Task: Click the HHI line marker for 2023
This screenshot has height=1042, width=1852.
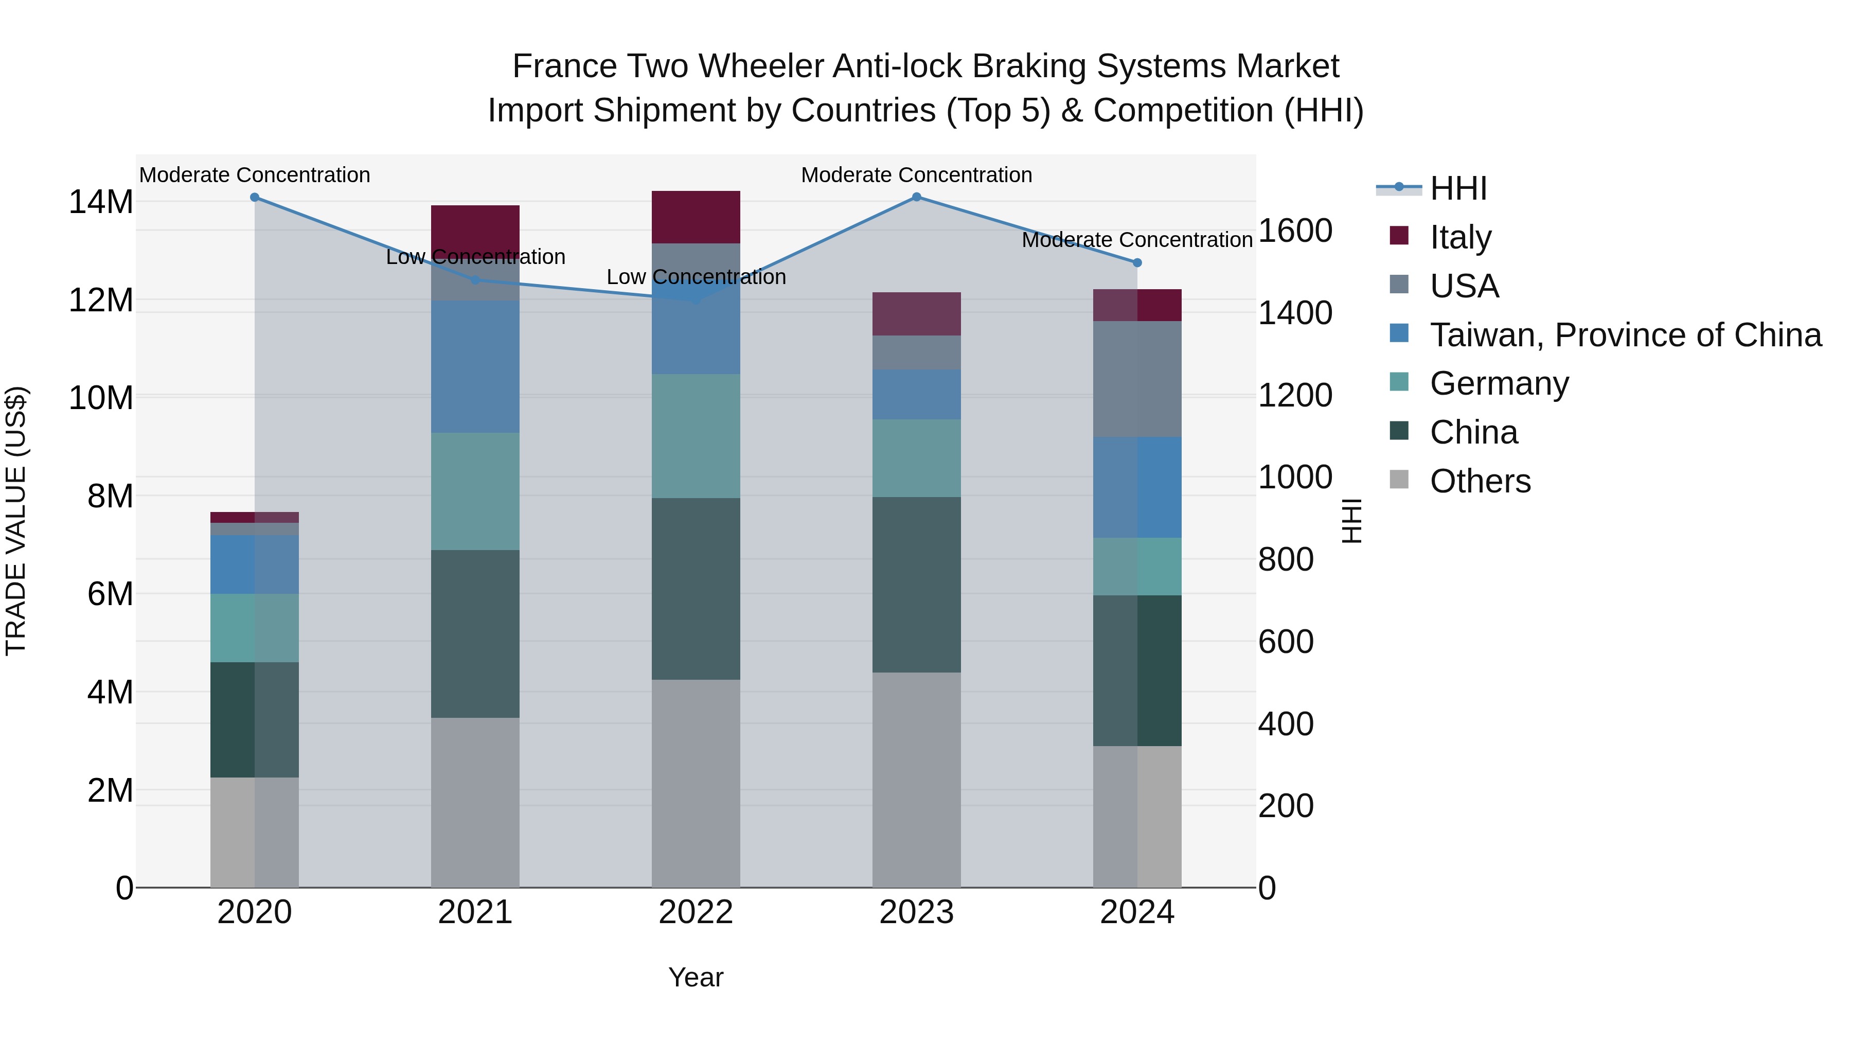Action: point(916,197)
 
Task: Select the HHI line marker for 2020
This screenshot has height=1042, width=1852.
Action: point(255,197)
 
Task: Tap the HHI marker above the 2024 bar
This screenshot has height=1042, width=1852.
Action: point(1136,262)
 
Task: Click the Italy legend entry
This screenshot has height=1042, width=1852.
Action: point(1460,237)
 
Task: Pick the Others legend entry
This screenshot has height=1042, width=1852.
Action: point(1480,481)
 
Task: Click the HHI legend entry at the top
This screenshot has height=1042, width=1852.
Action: point(1458,188)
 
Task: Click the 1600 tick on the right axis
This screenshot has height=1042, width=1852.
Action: point(1295,231)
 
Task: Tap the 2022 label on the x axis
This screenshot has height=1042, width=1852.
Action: point(695,912)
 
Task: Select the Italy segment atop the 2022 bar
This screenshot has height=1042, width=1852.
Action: point(695,217)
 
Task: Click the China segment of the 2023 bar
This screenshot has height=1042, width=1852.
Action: point(916,584)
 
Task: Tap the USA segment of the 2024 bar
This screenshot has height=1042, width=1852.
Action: point(1136,378)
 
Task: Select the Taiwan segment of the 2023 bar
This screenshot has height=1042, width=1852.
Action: point(916,394)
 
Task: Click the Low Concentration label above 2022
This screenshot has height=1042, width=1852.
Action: point(695,277)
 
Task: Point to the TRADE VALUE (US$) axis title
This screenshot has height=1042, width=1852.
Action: point(16,521)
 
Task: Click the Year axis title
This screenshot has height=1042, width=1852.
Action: point(695,977)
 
